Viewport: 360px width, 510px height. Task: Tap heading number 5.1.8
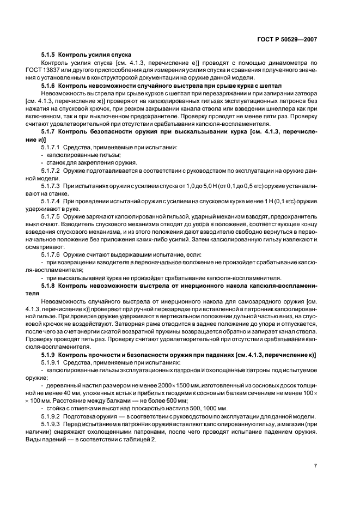[x=48, y=284]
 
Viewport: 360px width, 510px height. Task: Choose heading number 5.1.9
[x=48, y=356]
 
